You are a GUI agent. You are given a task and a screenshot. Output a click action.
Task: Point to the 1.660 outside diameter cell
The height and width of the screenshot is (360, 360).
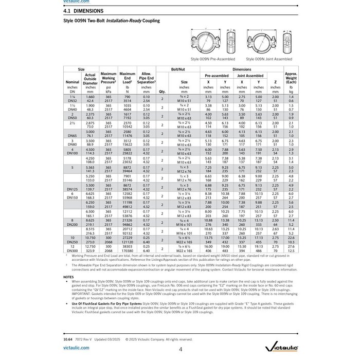90,96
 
